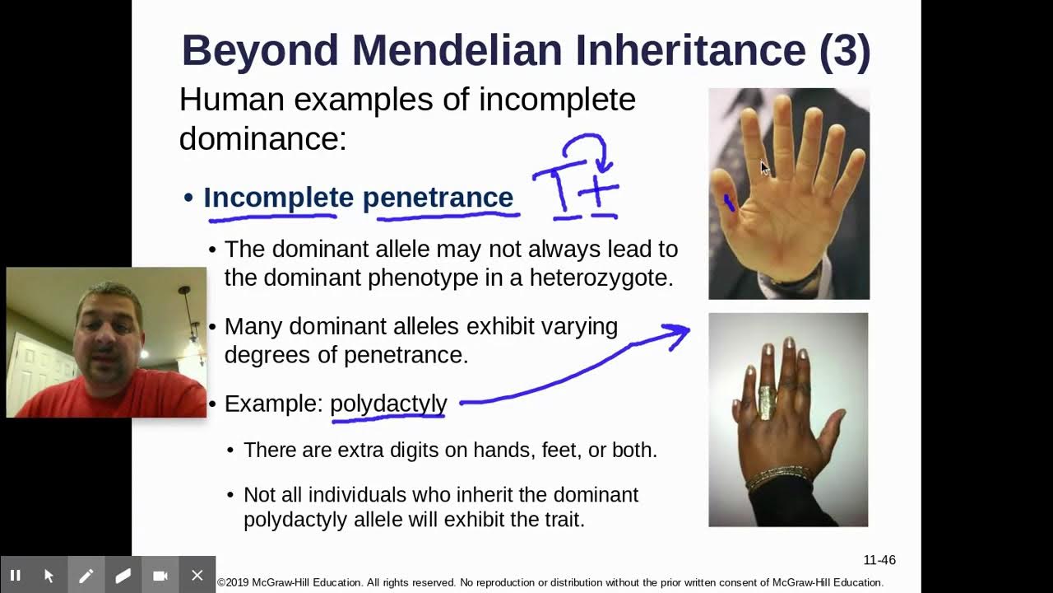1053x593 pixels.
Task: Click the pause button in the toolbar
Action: tap(15, 576)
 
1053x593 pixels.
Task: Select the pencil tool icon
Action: tap(86, 576)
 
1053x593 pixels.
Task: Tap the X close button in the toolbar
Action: tap(197, 576)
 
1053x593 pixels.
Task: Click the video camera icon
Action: tap(160, 576)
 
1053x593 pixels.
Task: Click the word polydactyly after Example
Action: tap(388, 404)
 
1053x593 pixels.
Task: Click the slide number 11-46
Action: tap(879, 560)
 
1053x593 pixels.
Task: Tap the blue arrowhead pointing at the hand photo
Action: tap(679, 333)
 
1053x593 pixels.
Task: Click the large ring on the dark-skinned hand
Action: tap(768, 403)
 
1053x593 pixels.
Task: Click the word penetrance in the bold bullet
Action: tap(438, 198)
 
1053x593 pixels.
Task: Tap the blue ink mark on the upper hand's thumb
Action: tap(729, 202)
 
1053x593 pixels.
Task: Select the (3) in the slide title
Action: tap(845, 50)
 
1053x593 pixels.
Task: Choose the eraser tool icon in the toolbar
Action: tap(123, 576)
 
